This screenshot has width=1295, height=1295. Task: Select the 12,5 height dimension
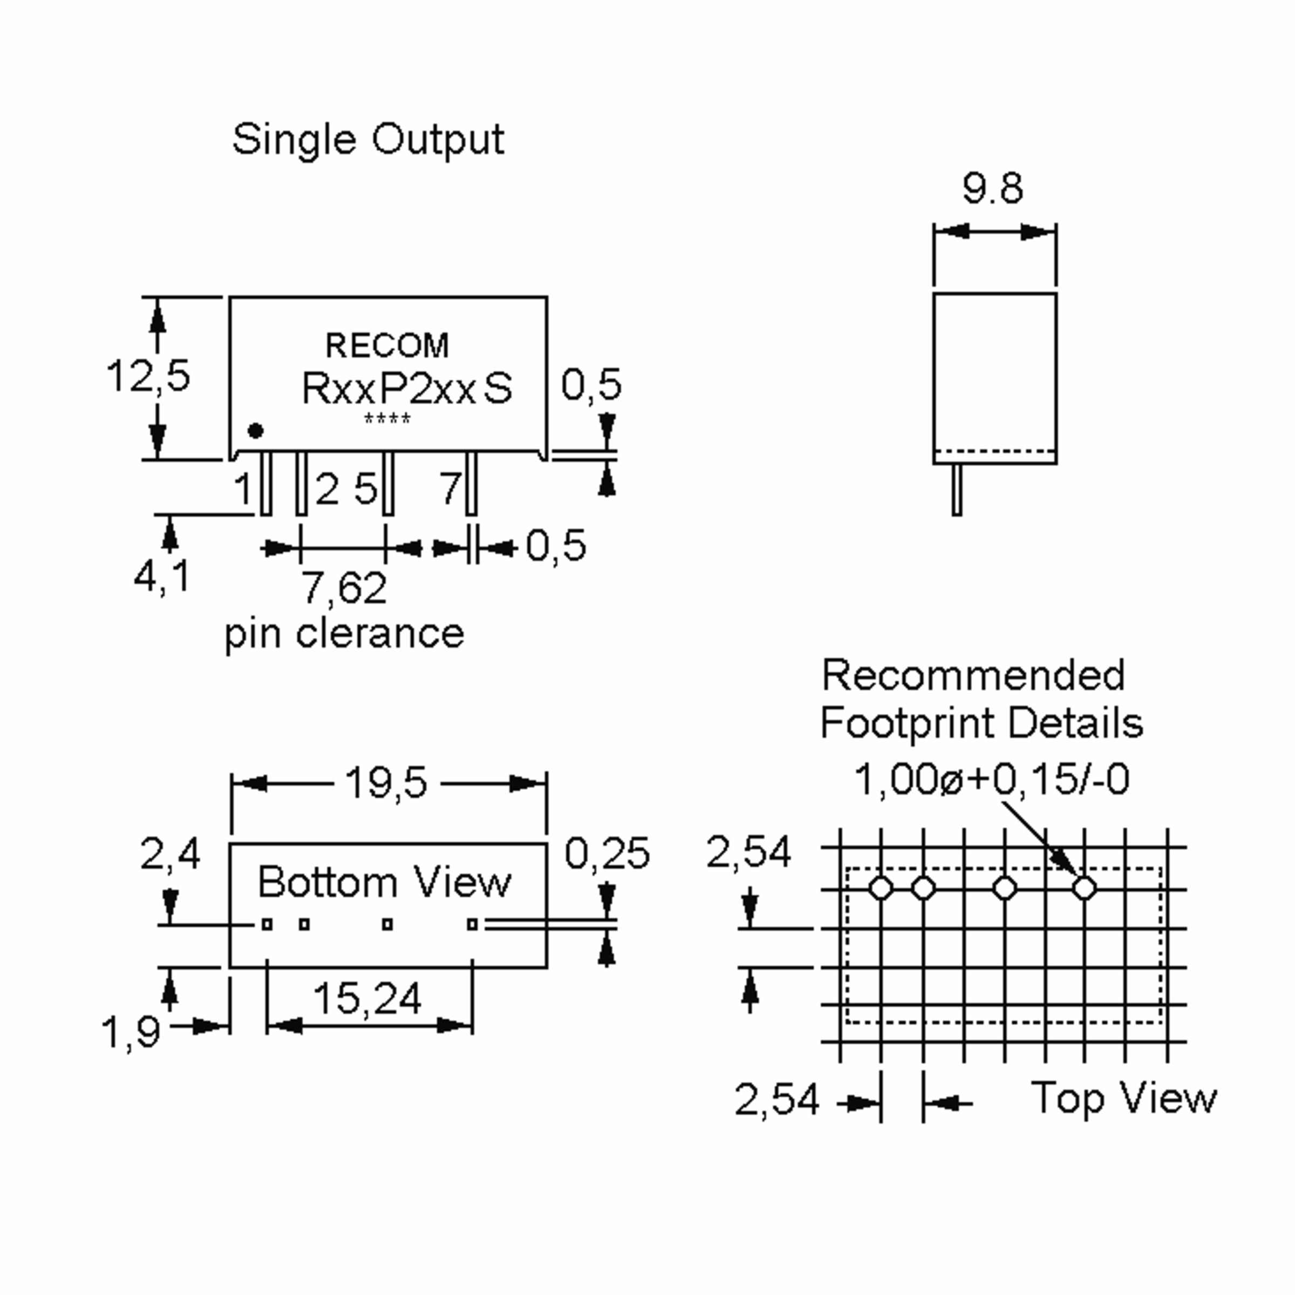pos(148,376)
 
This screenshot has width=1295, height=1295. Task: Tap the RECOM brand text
pos(387,346)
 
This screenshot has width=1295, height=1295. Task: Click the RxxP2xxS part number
pos(407,388)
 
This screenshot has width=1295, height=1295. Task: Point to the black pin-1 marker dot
pos(255,431)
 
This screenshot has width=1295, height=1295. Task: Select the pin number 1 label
pos(243,489)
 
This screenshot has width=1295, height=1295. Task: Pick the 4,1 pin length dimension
pos(161,576)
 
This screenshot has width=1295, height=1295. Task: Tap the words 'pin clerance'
pos(344,633)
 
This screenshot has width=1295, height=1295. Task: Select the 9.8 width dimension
pos(993,188)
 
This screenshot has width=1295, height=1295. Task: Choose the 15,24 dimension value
pos(367,998)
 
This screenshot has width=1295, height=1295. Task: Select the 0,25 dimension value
pos(606,853)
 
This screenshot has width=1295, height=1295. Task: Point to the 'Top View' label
pos(1123,1099)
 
